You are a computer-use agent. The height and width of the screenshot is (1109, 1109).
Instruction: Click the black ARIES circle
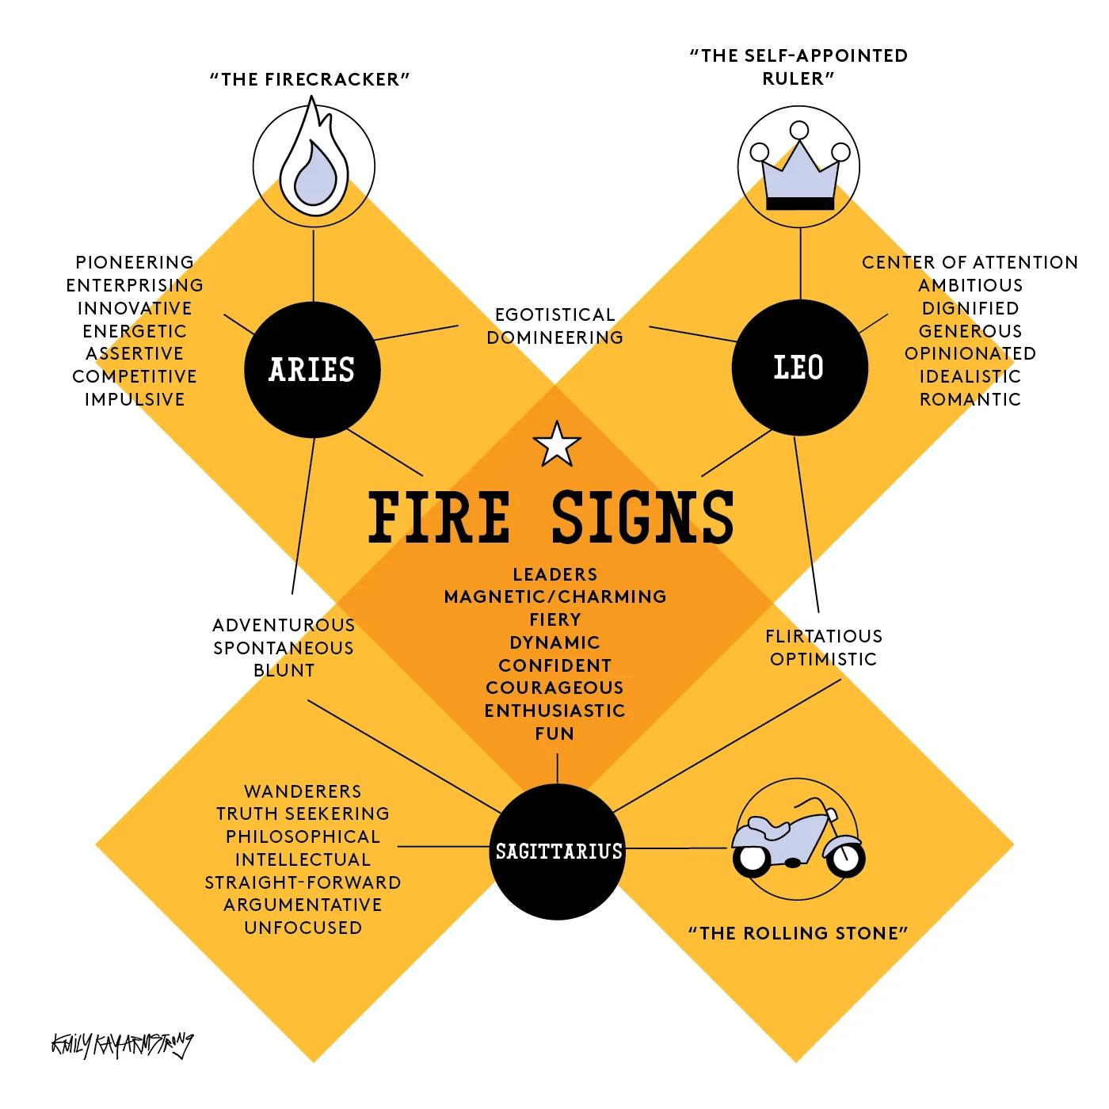coord(312,370)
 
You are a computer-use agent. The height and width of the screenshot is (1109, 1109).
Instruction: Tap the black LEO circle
coord(799,368)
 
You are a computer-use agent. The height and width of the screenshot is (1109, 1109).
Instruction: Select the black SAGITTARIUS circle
coord(558,852)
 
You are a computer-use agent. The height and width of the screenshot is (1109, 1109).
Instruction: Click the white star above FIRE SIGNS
coord(557,445)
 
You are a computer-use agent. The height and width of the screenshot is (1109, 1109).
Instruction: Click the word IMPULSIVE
coord(135,399)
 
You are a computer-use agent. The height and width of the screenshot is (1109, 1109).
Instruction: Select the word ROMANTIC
coord(970,399)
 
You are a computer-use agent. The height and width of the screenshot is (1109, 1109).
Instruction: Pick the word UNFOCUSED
coord(303,928)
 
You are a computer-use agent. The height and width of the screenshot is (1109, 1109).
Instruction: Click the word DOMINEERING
coord(554,337)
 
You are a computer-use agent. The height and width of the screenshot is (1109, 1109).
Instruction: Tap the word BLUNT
coord(284,670)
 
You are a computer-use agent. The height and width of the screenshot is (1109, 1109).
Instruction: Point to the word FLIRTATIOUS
coord(823,636)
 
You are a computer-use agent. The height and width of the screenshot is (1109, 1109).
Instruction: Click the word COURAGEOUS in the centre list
coord(554,688)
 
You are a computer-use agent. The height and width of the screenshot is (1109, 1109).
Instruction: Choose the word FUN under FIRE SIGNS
coord(554,734)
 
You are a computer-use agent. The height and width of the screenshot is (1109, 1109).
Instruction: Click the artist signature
coord(122,1045)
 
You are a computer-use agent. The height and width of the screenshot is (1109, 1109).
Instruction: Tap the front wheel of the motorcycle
coord(846,858)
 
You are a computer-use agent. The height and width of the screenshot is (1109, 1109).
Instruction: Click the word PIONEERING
coord(135,262)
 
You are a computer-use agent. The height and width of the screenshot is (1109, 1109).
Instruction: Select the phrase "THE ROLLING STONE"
coord(798,933)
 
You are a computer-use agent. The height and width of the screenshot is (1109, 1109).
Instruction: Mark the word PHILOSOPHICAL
coord(303,837)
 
